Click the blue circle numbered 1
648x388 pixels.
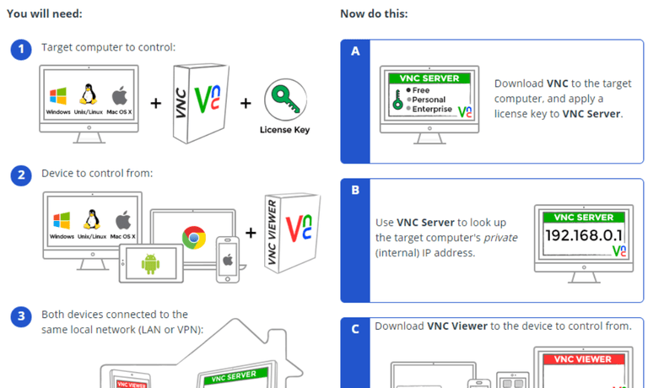[21, 50]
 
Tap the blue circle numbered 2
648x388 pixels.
[21, 175]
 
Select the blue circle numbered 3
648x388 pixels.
[21, 316]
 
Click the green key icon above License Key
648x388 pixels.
[285, 100]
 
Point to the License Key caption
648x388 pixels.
[284, 130]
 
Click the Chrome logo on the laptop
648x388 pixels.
[194, 237]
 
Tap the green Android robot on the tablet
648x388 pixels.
[150, 264]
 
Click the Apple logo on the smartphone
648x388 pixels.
[228, 261]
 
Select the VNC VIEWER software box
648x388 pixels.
[292, 233]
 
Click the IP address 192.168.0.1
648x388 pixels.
[584, 235]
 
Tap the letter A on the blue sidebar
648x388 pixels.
[355, 51]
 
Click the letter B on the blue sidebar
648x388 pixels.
[355, 190]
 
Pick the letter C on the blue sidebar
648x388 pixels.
[355, 329]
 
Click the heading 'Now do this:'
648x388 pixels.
[374, 13]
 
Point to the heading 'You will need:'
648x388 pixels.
[45, 13]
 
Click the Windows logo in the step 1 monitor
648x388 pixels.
[58, 96]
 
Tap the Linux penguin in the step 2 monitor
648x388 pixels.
[92, 219]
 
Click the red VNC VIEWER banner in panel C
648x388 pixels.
[583, 359]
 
